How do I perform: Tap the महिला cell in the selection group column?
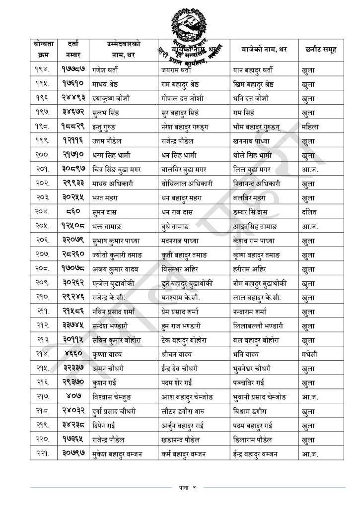pyautogui.click(x=311, y=127)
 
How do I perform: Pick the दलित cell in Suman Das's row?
pyautogui.click(x=310, y=212)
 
